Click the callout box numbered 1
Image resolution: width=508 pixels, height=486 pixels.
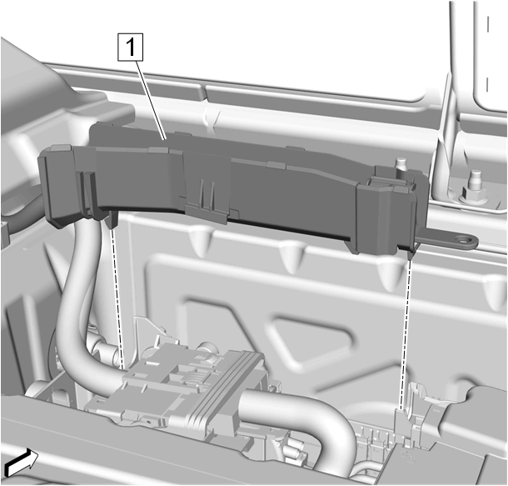coord(130,48)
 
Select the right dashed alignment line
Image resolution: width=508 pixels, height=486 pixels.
coord(406,334)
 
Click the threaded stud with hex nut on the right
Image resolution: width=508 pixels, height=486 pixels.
coord(475,188)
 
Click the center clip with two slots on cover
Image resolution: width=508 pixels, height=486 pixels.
coord(207,198)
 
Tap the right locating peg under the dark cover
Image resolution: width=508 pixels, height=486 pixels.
coord(411,254)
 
